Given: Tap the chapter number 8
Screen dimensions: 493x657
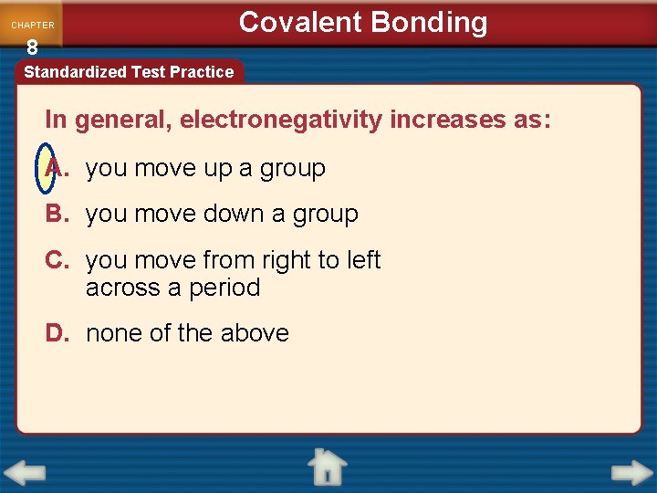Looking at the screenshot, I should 32,47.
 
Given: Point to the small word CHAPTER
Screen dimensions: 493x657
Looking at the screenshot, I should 33,26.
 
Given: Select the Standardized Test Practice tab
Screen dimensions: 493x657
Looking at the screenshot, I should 129,71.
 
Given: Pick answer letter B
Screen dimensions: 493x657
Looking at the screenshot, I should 57,214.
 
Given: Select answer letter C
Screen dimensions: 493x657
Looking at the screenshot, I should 57,260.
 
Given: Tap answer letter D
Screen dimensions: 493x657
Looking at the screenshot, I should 57,333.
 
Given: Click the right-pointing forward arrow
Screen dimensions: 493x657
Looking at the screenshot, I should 631,473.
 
